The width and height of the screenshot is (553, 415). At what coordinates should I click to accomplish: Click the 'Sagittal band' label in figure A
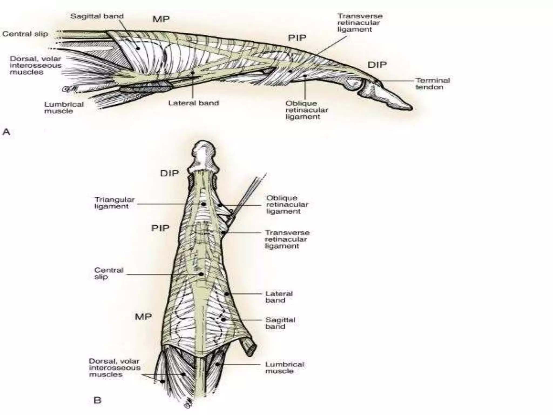[x=97, y=16]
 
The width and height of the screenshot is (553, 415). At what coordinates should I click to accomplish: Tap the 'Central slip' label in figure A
[x=25, y=34]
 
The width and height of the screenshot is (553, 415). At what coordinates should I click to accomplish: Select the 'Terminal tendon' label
[x=433, y=83]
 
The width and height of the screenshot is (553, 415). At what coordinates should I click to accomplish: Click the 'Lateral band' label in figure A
[x=194, y=103]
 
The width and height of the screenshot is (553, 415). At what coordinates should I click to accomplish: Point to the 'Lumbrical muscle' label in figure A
[x=64, y=108]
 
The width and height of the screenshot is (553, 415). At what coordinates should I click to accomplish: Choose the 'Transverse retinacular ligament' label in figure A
[x=360, y=23]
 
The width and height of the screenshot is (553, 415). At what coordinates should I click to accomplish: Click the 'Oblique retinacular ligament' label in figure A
[x=307, y=110]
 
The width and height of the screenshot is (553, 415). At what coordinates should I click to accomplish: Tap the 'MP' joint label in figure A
[x=161, y=19]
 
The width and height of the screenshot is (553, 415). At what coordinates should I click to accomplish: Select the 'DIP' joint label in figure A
[x=377, y=65]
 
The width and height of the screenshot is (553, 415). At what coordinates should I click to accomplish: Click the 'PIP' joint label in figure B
[x=160, y=228]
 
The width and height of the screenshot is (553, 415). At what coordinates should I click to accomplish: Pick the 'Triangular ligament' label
[x=114, y=203]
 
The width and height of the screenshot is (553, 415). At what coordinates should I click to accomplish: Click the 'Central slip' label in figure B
[x=109, y=273]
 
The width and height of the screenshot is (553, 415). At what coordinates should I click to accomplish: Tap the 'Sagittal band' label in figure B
[x=280, y=323]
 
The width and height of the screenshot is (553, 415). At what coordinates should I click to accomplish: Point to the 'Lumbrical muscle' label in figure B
[x=285, y=367]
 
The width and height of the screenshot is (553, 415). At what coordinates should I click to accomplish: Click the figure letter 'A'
[x=6, y=132]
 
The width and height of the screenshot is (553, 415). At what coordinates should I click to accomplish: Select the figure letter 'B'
[x=97, y=400]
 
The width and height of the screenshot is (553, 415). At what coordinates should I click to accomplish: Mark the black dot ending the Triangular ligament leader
[x=203, y=204]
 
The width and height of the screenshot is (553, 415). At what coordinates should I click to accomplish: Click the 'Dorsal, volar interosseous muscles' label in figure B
[x=115, y=368]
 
